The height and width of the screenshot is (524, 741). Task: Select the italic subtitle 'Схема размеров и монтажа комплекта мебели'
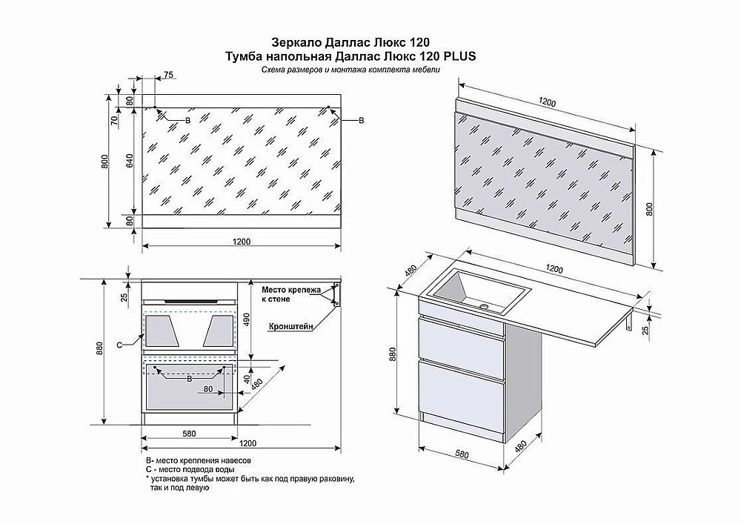(x=350, y=70)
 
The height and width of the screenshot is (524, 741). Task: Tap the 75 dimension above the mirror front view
(x=168, y=76)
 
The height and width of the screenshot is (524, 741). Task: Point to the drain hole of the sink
(x=485, y=305)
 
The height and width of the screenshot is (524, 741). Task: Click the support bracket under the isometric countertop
(x=629, y=323)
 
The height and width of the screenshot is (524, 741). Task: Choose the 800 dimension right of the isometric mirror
(x=650, y=210)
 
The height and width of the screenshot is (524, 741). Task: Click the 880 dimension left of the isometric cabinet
(x=393, y=357)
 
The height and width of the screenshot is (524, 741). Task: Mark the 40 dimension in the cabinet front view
(x=247, y=378)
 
